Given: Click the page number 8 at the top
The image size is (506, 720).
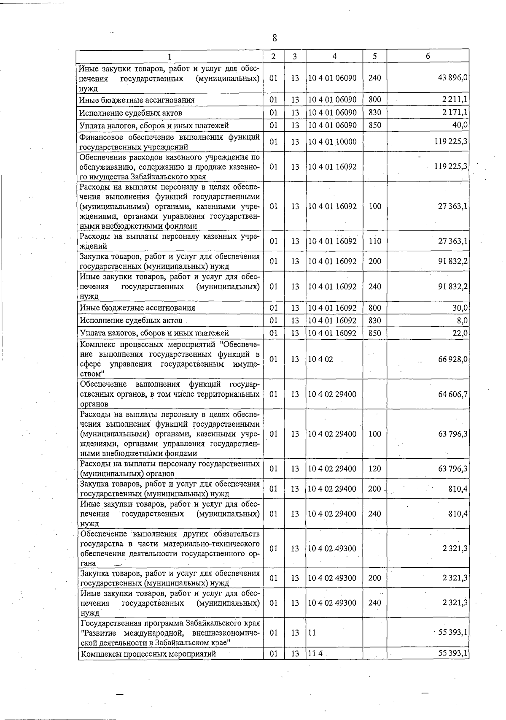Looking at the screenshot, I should tap(275, 38).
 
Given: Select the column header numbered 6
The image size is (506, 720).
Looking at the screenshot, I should tap(428, 56).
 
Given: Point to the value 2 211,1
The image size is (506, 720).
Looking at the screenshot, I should tap(455, 100).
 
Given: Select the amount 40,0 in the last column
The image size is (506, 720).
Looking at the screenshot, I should tap(460, 125).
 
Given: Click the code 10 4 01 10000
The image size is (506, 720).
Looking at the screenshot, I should tap(332, 142).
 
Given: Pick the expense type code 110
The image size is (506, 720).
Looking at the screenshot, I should tap(374, 241).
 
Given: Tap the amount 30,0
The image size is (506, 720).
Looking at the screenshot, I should tap(460, 308).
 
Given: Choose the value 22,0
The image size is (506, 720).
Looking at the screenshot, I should tap(460, 333).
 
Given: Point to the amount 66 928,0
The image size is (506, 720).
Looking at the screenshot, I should tap(453, 360).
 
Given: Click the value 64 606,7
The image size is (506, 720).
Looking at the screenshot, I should tap(453, 395).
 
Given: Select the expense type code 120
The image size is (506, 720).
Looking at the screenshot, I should tap(374, 469).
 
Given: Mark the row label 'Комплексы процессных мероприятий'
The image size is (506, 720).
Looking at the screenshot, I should tap(148, 654).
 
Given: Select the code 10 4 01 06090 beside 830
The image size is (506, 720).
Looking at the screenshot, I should tap(332, 113).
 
